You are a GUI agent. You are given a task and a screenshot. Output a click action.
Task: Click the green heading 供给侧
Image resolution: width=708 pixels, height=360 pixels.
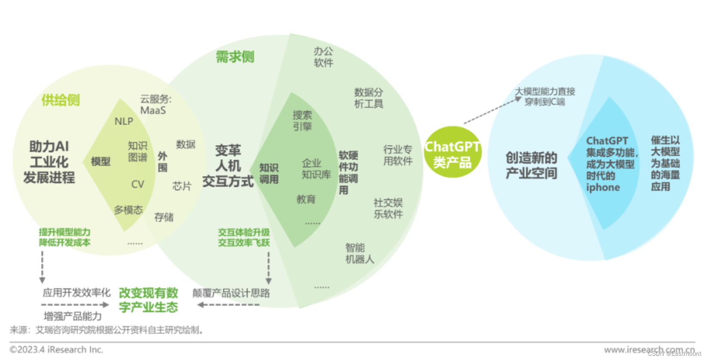[61, 100]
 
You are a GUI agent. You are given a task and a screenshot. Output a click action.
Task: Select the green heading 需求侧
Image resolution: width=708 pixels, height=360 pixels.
[235, 57]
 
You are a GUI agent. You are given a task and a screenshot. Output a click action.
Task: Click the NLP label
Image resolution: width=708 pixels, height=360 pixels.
[124, 122]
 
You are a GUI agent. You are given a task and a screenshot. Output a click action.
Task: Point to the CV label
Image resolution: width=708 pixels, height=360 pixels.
[138, 184]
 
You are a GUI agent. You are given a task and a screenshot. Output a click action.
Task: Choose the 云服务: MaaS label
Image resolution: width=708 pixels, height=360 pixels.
[155, 105]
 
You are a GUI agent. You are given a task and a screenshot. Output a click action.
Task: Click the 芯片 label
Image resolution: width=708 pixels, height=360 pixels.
[181, 186]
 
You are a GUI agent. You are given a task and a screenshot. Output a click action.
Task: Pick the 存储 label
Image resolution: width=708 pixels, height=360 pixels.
[164, 217]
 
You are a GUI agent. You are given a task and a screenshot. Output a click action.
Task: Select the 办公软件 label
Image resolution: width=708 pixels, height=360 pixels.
[323, 57]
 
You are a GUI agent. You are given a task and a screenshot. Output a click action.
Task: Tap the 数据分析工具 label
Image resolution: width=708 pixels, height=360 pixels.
[368, 98]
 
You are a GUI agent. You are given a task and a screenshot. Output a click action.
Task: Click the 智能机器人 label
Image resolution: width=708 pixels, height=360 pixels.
[359, 253]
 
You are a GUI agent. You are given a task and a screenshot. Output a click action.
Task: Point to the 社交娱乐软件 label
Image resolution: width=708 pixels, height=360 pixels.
[388, 208]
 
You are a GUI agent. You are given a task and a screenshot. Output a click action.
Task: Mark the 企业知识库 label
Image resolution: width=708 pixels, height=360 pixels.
[316, 169]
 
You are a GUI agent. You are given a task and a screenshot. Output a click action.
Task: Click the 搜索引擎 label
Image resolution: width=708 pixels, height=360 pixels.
[302, 121]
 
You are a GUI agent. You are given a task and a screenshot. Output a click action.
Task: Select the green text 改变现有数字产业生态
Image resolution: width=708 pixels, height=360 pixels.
[148, 300]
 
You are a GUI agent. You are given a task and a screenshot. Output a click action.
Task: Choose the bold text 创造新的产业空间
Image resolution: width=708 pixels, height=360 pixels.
[531, 165]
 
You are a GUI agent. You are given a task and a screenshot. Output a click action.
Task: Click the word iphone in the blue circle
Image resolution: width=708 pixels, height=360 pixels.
[603, 188]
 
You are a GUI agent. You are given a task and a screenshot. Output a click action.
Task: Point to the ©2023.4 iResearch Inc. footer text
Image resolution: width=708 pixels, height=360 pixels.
[56, 350]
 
